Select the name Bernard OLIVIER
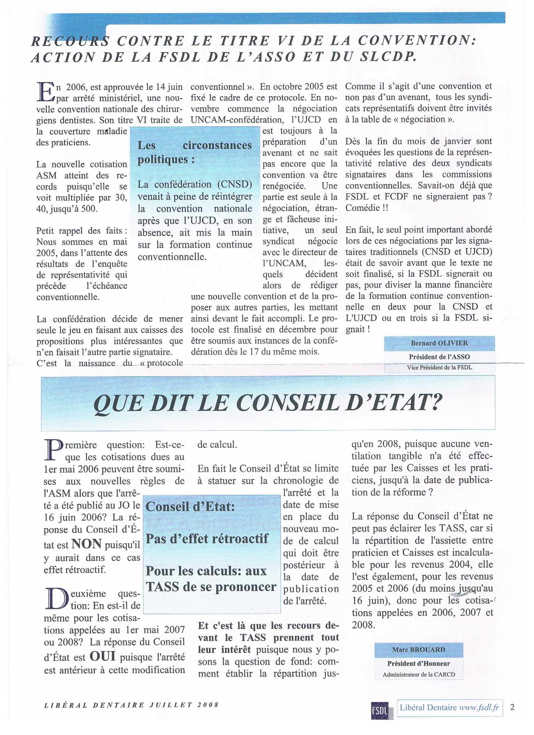(x=439, y=344)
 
